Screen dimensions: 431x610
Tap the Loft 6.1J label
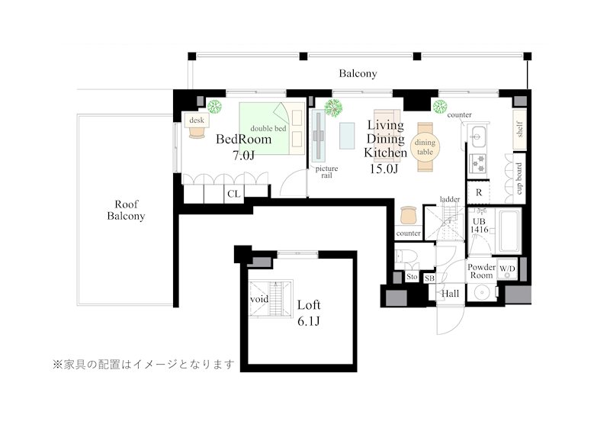click(308, 312)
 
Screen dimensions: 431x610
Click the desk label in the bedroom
click(197, 121)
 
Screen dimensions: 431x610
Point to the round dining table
click(424, 146)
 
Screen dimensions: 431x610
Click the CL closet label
click(233, 194)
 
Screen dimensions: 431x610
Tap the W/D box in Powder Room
click(507, 269)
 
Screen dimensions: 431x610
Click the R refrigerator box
click(479, 193)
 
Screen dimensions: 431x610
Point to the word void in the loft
click(258, 299)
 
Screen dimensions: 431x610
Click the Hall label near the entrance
click(451, 293)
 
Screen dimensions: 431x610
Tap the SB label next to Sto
click(429, 278)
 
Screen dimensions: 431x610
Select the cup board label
click(518, 177)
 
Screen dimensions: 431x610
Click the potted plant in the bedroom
click(215, 107)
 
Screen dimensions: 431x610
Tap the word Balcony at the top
click(358, 74)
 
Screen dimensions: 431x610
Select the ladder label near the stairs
click(450, 199)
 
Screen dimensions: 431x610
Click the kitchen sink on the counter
click(479, 138)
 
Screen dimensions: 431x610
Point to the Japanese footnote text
click(143, 365)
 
